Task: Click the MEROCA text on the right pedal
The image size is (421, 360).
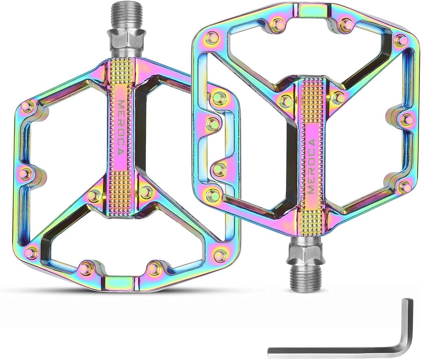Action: [311, 166]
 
